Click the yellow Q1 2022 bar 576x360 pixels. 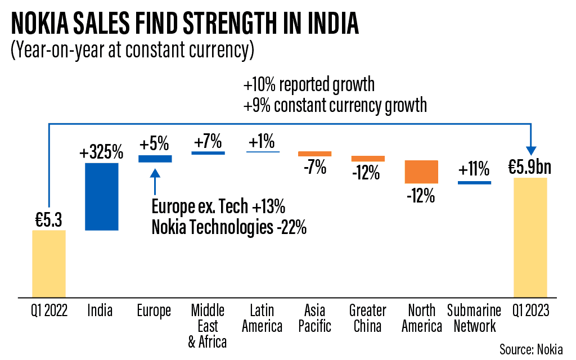click(49, 263)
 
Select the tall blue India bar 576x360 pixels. click(102, 196)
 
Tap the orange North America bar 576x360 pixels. click(421, 172)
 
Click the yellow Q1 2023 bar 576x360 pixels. click(530, 237)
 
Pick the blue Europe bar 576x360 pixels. click(155, 159)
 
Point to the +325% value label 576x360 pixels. click(101, 152)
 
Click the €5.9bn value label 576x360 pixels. click(530, 167)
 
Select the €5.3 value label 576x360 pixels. click(49, 220)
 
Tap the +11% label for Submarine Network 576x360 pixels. click(474, 169)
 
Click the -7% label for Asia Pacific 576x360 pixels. click(314, 167)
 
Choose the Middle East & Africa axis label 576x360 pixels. click(208, 326)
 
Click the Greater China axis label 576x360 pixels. click(368, 318)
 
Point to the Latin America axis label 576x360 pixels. click(262, 318)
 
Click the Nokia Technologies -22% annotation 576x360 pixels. click(229, 228)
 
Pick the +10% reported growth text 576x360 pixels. click(309, 85)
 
